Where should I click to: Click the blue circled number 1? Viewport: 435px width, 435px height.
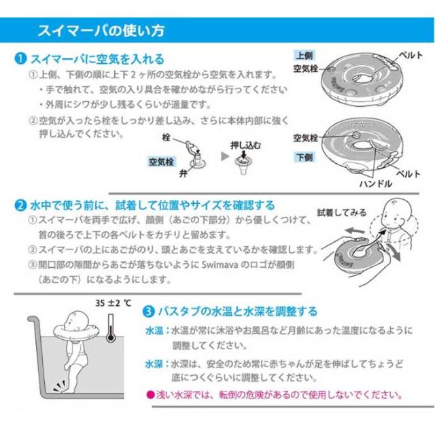[20, 58]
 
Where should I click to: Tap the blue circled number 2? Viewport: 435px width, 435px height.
[20, 205]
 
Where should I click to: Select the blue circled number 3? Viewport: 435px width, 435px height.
[148, 311]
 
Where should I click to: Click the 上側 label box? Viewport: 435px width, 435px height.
[304, 56]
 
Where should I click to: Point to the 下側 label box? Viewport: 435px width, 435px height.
[304, 157]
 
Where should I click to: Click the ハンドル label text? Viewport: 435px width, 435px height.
[376, 184]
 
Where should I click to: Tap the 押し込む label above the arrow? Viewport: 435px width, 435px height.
[245, 145]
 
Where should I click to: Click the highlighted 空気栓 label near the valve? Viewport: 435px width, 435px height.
[161, 162]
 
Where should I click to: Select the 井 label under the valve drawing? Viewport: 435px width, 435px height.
[183, 174]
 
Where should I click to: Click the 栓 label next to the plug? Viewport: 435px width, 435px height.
[166, 137]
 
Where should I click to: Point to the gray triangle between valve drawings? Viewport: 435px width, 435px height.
[225, 156]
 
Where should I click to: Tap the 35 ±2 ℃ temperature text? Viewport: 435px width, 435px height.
[114, 303]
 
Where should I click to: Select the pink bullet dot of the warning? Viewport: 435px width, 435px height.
[150, 394]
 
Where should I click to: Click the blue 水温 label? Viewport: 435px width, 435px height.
[154, 331]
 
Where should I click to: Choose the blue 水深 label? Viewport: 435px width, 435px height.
[154, 364]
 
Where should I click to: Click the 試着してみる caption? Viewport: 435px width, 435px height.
[341, 213]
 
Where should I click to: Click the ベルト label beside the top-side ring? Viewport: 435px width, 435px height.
[411, 56]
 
